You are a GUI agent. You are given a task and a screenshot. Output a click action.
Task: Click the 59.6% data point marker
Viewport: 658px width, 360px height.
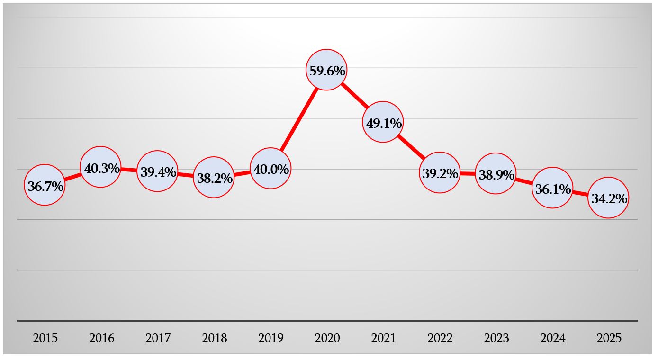coord(327,70)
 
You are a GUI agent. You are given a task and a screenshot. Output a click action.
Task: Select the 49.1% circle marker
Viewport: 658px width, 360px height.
coord(383,122)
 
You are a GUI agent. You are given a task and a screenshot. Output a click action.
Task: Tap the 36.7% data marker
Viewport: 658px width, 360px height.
coord(45,185)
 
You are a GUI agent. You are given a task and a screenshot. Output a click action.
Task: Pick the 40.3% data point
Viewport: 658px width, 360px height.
coord(100,167)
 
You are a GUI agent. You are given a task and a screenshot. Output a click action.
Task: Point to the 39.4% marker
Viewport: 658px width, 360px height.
coord(157,171)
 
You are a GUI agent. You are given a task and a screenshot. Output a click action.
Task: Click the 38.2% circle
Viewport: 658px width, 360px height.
coord(214,177)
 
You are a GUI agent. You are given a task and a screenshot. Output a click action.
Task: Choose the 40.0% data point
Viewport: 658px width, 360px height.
coord(270,169)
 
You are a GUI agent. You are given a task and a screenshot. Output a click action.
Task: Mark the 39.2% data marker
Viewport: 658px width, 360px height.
coord(440,172)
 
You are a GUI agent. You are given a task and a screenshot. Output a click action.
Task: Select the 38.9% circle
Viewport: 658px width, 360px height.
coord(496,174)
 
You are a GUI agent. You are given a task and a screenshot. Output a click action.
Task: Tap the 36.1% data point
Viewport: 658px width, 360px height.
coord(552,188)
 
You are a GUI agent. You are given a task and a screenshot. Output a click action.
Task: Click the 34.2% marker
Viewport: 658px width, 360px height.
coord(608,198)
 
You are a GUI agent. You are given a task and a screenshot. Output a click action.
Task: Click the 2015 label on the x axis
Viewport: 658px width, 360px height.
coord(45,338)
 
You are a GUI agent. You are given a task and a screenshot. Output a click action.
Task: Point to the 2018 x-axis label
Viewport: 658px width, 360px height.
coord(215,338)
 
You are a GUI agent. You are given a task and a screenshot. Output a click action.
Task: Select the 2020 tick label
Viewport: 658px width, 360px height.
coord(327,338)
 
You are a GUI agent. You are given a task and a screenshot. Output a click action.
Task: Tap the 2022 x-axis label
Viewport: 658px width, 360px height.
coord(440,338)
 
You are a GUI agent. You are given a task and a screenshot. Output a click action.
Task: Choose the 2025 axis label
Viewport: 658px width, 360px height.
coord(609,338)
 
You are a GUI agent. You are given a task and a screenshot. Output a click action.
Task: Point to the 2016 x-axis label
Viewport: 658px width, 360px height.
coord(102,338)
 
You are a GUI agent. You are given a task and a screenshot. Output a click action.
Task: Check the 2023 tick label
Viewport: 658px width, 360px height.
coord(496,338)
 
